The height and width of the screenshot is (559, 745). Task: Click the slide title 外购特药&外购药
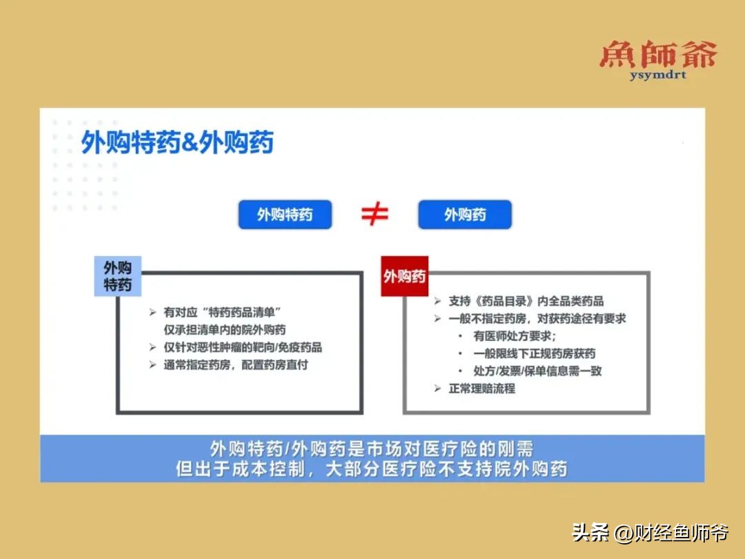tap(177, 143)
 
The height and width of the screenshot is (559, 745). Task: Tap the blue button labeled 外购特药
tap(285, 215)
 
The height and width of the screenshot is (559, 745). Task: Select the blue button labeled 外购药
tap(464, 215)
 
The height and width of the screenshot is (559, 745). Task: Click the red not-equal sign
tap(375, 215)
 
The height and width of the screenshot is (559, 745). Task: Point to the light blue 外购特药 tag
tap(117, 276)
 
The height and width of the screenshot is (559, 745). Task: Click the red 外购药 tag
tap(404, 277)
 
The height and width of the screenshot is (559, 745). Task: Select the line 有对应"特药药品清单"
tap(223, 312)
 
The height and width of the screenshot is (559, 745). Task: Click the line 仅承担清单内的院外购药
tap(224, 330)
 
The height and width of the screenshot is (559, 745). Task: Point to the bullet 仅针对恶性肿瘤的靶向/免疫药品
tap(242, 347)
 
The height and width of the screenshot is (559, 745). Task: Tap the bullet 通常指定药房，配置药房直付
tap(235, 365)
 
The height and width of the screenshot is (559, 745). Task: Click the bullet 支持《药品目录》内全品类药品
tap(526, 301)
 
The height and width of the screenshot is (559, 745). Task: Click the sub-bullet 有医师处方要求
tap(514, 336)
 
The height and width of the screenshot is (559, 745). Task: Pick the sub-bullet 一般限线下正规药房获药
tap(534, 353)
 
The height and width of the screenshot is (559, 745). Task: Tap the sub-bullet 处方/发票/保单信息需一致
tap(537, 371)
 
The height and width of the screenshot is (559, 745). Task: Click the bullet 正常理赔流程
tap(481, 389)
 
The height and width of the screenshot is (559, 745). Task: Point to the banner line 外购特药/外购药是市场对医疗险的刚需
tap(372, 449)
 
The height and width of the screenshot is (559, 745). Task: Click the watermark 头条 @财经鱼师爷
tap(650, 533)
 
